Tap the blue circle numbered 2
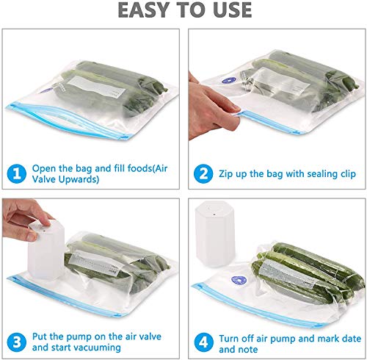(x=203, y=174)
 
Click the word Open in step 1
(x=45, y=168)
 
